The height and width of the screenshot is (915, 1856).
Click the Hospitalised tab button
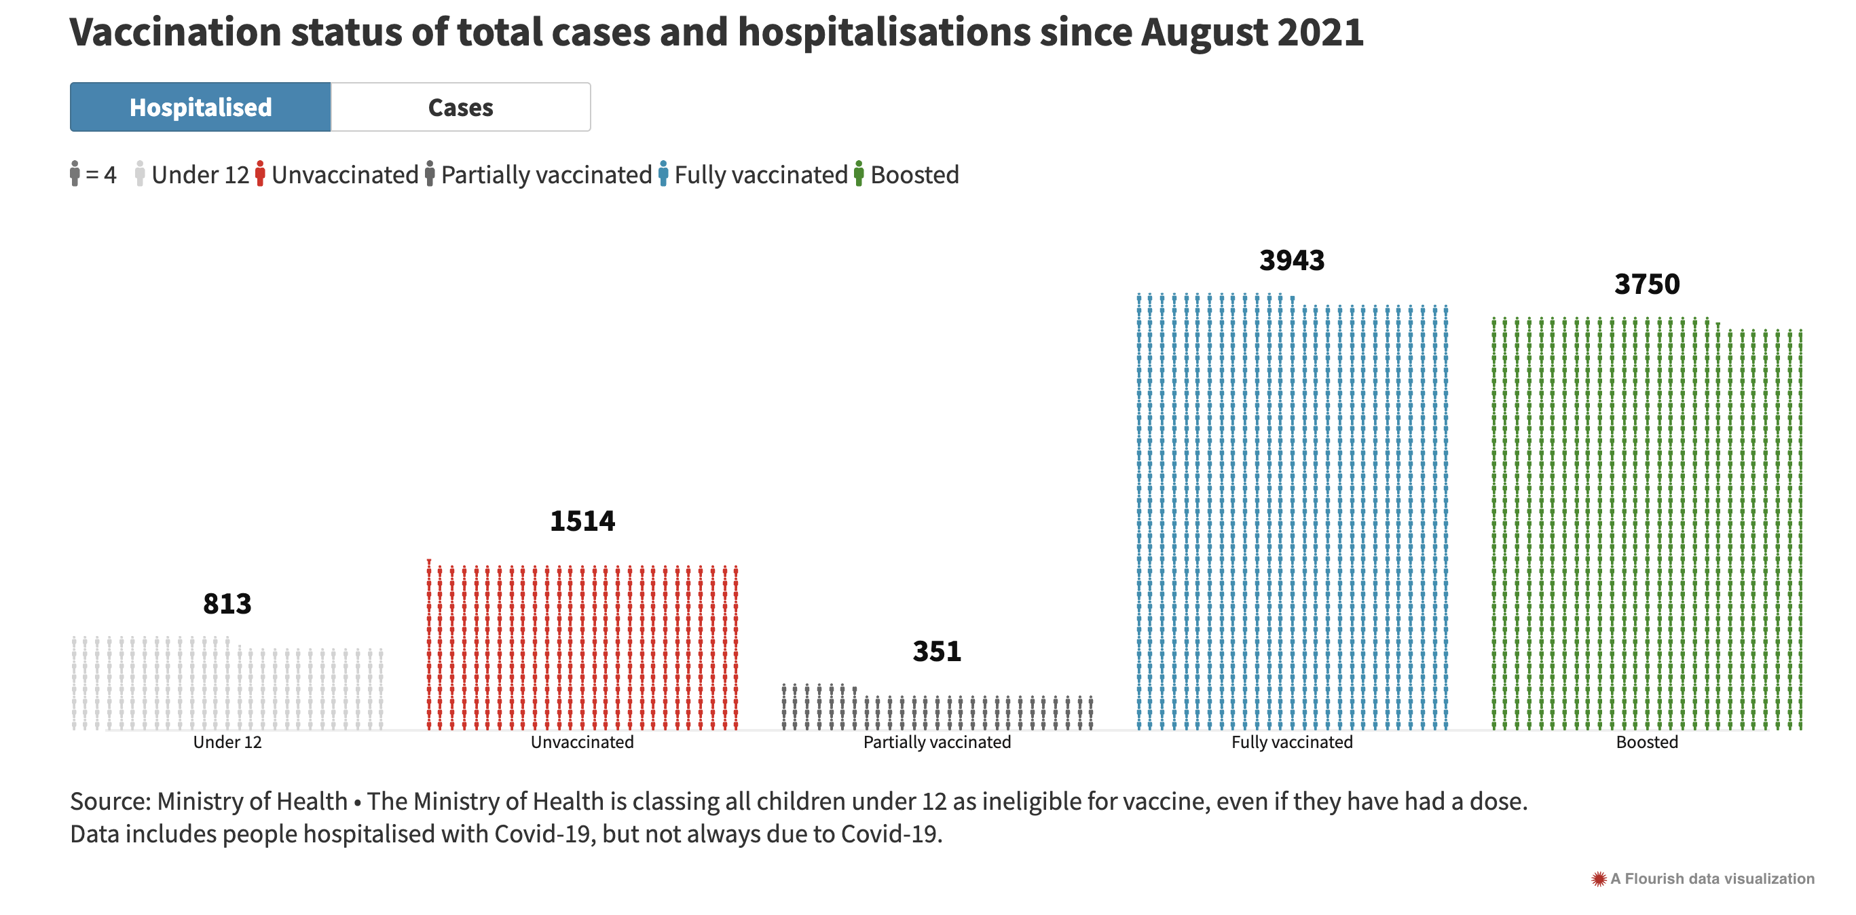click(x=200, y=107)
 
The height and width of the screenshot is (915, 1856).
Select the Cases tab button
click(x=460, y=107)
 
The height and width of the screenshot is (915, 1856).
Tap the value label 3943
click(x=1291, y=261)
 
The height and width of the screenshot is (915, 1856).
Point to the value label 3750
click(x=1646, y=284)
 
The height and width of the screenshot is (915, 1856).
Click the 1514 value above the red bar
click(x=582, y=521)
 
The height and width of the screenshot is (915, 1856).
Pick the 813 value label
click(x=227, y=603)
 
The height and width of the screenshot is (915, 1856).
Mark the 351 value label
click(x=937, y=652)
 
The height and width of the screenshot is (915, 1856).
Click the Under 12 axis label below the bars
click(x=227, y=742)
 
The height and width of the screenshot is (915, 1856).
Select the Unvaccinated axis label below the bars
click(x=582, y=742)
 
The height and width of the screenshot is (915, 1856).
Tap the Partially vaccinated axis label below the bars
click(x=937, y=742)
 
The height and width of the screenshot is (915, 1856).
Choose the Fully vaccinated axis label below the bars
click(x=1291, y=742)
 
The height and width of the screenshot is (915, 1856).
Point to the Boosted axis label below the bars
click(x=1646, y=742)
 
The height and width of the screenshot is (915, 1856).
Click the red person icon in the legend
click(x=260, y=174)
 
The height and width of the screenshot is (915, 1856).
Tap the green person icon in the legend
click(x=858, y=174)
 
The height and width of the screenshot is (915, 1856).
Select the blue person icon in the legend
click(x=663, y=174)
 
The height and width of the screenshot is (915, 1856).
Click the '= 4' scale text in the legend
click(x=101, y=175)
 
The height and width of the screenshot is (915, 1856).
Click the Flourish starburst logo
click(x=1598, y=879)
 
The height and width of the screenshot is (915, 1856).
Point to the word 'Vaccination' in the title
click(x=175, y=33)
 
